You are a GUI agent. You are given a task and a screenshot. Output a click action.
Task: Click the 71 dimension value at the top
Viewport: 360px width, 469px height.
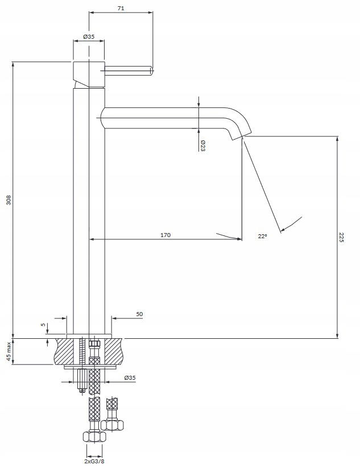click(121, 9)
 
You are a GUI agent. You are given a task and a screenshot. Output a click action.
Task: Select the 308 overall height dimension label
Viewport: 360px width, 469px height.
click(9, 200)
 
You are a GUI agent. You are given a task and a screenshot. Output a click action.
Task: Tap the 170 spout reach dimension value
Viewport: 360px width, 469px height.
click(165, 235)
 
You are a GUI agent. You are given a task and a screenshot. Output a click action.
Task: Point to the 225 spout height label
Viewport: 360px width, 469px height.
click(342, 237)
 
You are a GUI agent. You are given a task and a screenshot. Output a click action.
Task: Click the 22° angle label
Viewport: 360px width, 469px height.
click(262, 236)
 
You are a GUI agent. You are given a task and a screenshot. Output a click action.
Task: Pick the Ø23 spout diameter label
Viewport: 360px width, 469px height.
click(202, 146)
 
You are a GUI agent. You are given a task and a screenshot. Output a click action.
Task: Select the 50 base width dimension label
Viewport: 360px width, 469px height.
click(139, 314)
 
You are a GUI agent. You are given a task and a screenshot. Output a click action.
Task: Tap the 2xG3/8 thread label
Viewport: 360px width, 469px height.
click(94, 461)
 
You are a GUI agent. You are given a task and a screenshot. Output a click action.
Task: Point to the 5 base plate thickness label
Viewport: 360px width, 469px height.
click(43, 324)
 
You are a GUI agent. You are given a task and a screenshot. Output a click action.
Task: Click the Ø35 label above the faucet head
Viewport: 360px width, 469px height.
click(89, 36)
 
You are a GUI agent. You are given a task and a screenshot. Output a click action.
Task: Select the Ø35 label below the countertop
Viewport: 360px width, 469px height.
click(130, 378)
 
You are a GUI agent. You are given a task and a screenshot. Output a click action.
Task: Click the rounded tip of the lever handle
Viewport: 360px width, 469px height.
click(152, 71)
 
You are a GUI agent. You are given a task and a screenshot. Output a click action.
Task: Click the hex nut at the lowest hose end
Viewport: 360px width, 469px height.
click(94, 437)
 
